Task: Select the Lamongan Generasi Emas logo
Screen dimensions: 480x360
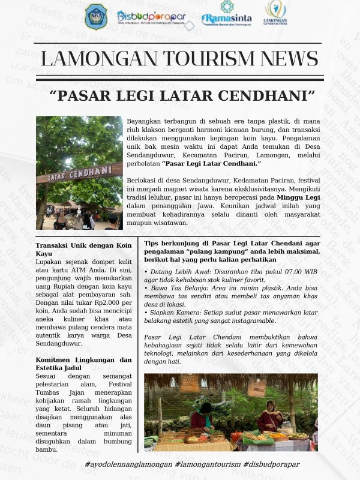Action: [x=275, y=13]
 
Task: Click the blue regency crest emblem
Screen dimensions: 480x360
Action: [x=96, y=17]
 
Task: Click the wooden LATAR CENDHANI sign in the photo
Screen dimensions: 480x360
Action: [x=79, y=174]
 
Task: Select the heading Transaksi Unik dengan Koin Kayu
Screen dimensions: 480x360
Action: [x=83, y=250]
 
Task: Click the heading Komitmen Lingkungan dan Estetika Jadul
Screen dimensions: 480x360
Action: [x=83, y=364]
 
